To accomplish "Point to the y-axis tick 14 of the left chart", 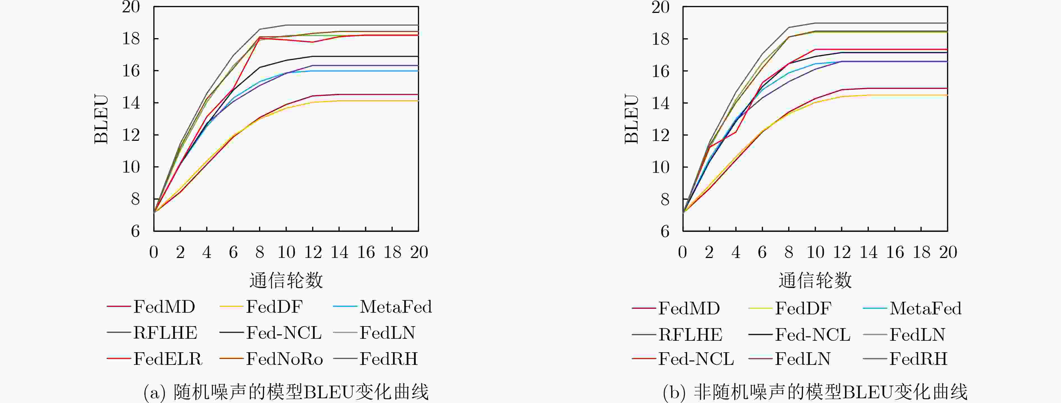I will click(131, 103).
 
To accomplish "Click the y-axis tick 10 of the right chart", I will click(660, 167).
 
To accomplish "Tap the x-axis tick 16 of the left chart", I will click(366, 252).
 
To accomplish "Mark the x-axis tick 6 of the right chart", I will click(762, 252).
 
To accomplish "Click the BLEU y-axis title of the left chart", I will click(101, 119).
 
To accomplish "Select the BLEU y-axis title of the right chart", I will click(632, 119).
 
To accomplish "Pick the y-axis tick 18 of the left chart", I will click(131, 39).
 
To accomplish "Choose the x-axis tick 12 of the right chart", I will click(842, 252).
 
